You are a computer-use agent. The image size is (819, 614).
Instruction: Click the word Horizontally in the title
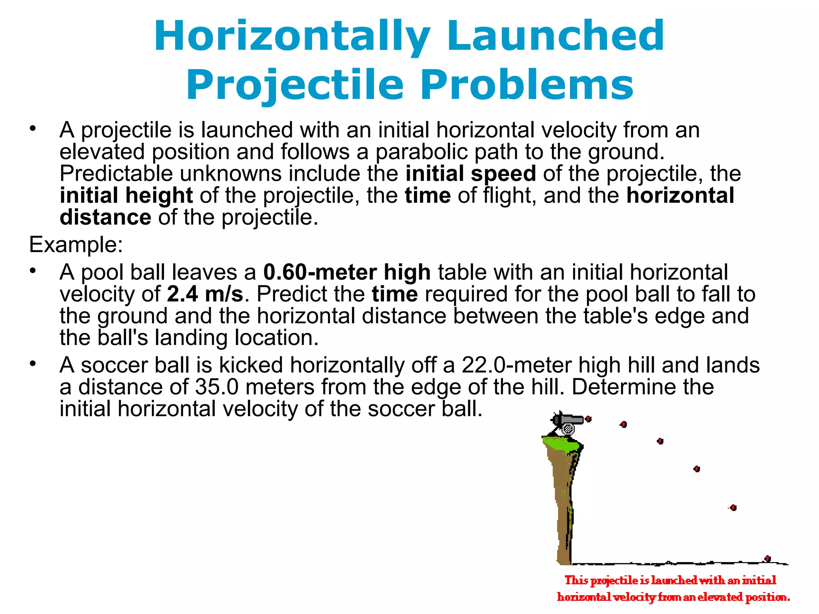click(x=292, y=37)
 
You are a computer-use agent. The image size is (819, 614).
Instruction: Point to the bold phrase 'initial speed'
click(x=471, y=173)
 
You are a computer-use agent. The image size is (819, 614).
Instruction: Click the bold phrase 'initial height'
click(x=126, y=195)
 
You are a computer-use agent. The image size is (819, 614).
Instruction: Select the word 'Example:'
click(x=76, y=244)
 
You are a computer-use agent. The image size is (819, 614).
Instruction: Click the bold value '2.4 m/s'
click(x=205, y=294)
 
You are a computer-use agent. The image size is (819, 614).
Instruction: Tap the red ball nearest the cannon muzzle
click(x=588, y=419)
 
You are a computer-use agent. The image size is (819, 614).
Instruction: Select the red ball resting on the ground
click(x=767, y=558)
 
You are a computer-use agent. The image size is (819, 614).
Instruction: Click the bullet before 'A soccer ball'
click(x=33, y=364)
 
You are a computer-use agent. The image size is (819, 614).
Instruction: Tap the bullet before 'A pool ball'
click(x=33, y=271)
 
